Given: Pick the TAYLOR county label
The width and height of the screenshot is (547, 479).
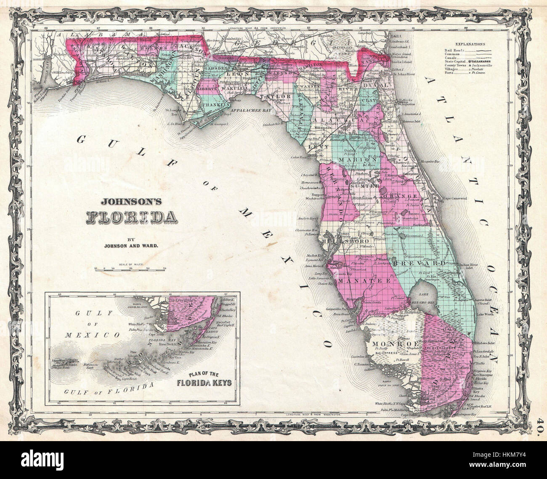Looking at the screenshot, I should click(273, 96).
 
